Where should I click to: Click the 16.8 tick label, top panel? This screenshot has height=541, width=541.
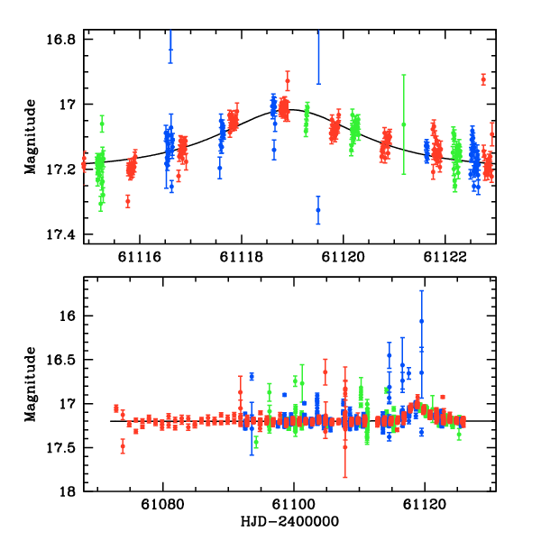pos(61,40)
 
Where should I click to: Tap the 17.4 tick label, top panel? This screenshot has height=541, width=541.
pos(61,235)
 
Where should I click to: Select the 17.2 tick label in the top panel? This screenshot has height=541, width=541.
pos(61,170)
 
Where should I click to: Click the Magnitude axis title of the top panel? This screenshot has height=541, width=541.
pos(31,137)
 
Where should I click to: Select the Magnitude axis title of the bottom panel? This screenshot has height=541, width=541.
pos(31,384)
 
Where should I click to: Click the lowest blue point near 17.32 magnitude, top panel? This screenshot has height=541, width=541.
pos(318,210)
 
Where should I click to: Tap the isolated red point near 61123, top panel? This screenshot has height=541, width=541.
pos(483,79)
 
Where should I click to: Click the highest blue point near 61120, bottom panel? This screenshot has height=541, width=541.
pos(421,321)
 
